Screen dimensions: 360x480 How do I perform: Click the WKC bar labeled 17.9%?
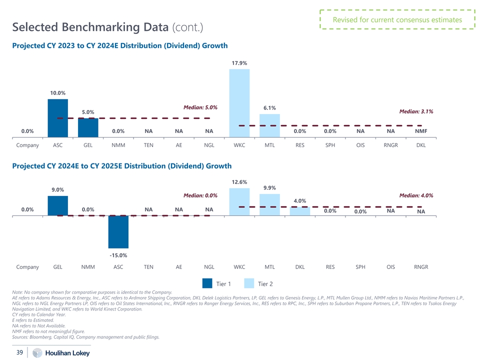pyautogui.click(x=239, y=102)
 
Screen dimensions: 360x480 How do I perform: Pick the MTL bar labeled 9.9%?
pyautogui.click(x=269, y=204)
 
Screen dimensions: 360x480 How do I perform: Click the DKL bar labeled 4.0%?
pyautogui.click(x=300, y=211)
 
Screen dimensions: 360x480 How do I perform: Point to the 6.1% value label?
pyautogui.click(x=269, y=108)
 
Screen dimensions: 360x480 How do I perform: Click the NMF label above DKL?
pyautogui.click(x=421, y=131)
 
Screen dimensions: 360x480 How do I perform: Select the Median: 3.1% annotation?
pyautogui.click(x=416, y=111)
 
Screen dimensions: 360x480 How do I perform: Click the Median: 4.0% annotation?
pyautogui.click(x=416, y=195)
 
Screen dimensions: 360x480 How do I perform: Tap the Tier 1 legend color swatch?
pyautogui.click(x=207, y=283)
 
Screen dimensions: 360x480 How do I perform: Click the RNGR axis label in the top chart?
pyautogui.click(x=390, y=146)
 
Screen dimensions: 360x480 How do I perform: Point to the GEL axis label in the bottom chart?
pyautogui.click(x=58, y=267)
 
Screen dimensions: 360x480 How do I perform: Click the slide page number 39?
pyautogui.click(x=20, y=352)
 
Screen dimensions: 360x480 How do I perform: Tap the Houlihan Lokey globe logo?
pyautogui.click(x=37, y=353)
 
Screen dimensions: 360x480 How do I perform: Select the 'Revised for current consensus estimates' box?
pyautogui.click(x=397, y=20)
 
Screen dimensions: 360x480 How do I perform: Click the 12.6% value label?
pyautogui.click(x=239, y=182)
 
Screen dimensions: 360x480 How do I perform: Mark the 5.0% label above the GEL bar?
pyautogui.click(x=88, y=112)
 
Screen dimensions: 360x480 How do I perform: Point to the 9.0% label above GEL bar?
pyautogui.click(x=58, y=189)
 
